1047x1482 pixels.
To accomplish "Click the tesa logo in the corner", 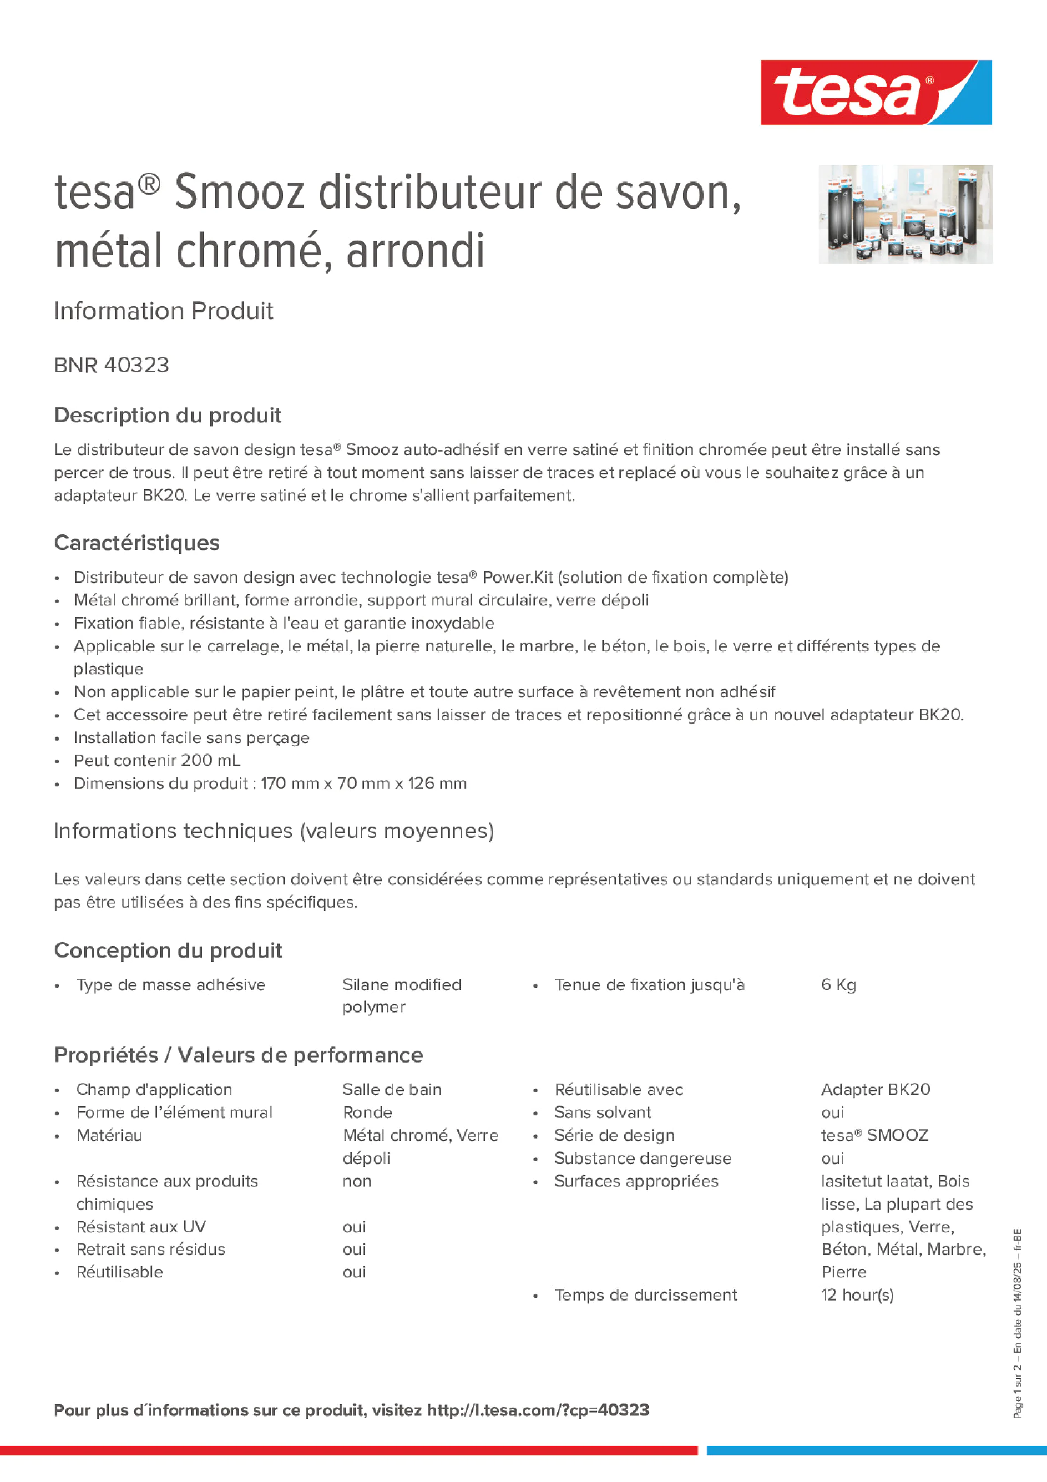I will click(x=876, y=92).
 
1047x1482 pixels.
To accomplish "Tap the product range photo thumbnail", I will click(x=905, y=214).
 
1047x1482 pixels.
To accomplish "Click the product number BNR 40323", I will click(x=111, y=365).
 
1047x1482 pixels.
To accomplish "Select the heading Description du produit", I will click(x=168, y=415).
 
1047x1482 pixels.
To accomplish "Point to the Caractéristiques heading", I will click(x=137, y=543).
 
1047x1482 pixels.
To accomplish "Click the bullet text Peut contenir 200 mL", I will click(x=157, y=760).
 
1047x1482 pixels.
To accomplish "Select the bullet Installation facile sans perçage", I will click(x=192, y=738).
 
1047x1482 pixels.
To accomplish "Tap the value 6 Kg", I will click(x=838, y=985).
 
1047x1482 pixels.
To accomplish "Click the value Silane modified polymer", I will click(x=402, y=995).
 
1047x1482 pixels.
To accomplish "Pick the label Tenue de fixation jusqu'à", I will click(x=649, y=985).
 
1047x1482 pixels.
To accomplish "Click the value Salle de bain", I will click(x=392, y=1090).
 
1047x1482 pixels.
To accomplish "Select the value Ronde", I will click(x=367, y=1112).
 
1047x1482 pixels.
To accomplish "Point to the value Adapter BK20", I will click(x=876, y=1090).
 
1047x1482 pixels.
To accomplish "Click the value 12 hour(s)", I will click(x=857, y=1295).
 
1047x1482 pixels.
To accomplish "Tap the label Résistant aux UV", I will click(x=141, y=1226).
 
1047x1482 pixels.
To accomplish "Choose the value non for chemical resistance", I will click(x=357, y=1181).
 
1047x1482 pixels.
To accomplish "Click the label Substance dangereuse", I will click(x=643, y=1158).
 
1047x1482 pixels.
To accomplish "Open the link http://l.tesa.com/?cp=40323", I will click(x=538, y=1410).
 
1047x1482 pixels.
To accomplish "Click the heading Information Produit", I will click(x=163, y=311).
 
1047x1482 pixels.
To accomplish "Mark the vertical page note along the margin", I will click(x=1017, y=1323).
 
